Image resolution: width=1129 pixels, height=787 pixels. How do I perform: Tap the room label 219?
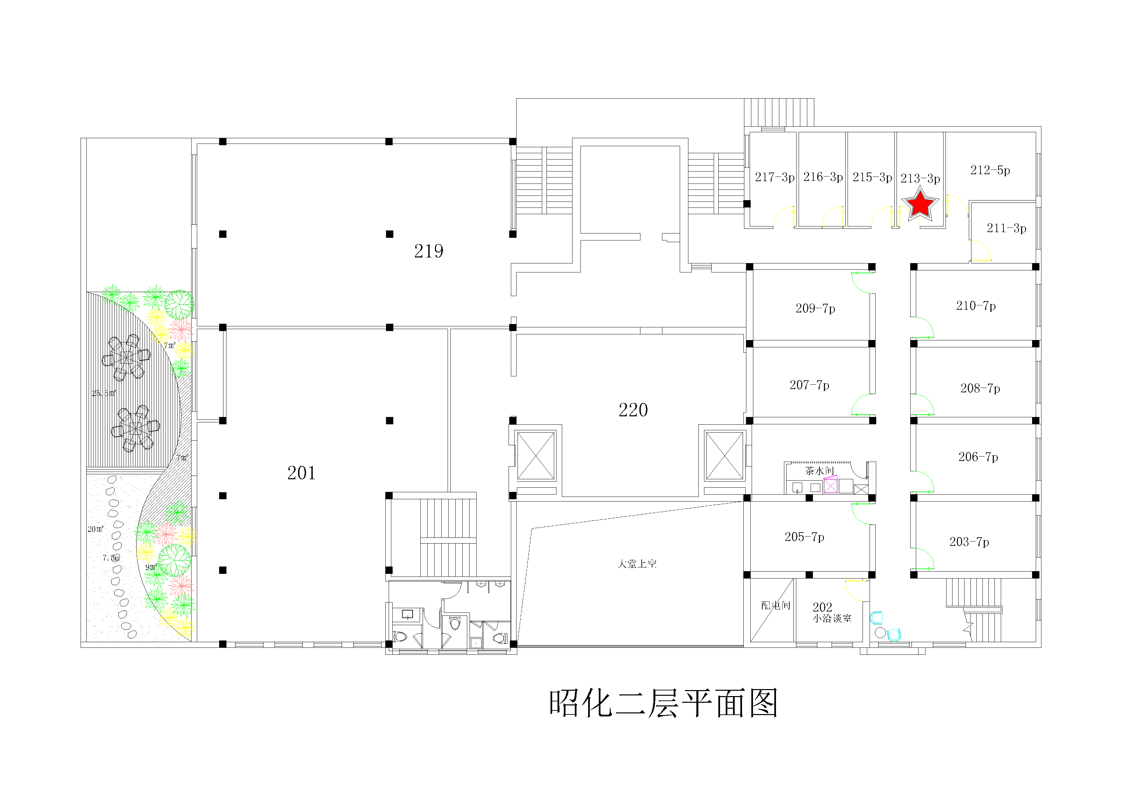428,251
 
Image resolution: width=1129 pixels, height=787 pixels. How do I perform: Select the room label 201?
301,473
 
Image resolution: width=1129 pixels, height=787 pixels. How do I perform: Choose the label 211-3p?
1006,228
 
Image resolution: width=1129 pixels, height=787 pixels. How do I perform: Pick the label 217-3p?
774,177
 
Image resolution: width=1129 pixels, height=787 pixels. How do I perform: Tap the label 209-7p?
815,308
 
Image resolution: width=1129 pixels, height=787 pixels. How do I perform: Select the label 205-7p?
804,537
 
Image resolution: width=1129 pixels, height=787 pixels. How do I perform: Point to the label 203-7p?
969,542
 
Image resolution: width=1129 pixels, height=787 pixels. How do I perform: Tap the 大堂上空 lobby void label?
637,564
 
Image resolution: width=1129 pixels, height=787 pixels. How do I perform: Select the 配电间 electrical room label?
775,605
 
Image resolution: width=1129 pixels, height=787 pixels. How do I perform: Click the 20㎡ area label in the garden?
95,529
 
